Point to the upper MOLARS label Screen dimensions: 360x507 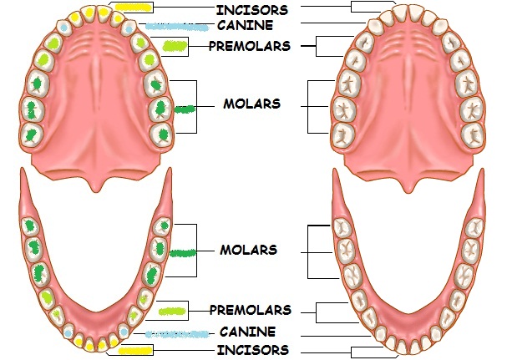coord(251,104)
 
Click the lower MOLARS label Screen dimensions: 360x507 coord(248,250)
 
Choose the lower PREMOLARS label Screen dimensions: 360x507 coord(251,310)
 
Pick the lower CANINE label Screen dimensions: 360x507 coord(247,332)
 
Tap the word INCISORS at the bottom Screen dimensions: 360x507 coord(252,349)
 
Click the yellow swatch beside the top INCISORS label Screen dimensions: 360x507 coord(133,7)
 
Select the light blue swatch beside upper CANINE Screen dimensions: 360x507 coord(176,27)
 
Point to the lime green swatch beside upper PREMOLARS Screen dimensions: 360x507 coord(175,46)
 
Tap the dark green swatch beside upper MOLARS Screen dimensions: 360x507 coord(185,108)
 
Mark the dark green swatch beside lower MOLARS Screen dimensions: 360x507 coord(183,251)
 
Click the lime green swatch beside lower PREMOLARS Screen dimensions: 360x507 coord(172,311)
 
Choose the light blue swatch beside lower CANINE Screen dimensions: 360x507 coord(176,334)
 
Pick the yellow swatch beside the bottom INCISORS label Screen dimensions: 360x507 coord(135,350)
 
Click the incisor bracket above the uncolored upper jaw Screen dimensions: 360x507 coord(368,7)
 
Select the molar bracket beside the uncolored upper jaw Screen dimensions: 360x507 coord(308,106)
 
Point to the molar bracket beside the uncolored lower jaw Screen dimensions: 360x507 coord(308,251)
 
